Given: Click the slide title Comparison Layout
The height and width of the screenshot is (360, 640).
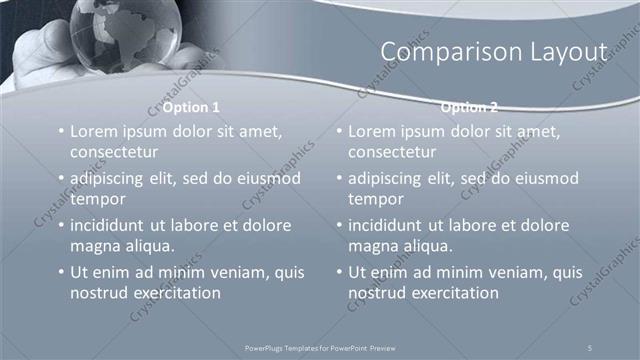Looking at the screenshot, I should pos(494,51).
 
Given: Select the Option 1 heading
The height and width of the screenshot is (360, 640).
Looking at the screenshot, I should pos(190,107).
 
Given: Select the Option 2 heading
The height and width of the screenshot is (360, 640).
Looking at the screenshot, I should pos(469,107).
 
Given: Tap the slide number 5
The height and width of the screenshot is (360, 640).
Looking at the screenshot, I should pos(590,346).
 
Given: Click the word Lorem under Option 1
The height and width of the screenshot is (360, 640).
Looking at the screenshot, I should pos(94,131).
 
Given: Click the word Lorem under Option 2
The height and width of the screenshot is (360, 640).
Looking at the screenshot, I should pos(373,131).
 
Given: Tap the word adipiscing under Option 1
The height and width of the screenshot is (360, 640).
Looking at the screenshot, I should pos(113,178).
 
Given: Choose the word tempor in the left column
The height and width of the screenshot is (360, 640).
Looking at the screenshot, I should pos(96,199).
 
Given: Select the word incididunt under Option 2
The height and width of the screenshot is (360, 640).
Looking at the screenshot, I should pos(390,225).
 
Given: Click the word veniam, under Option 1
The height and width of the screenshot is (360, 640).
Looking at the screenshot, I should pos(239,272).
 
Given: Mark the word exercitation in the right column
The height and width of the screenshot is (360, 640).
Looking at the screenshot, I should pos(452,293).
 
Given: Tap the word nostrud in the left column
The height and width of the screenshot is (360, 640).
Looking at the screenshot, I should pos(99,293).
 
